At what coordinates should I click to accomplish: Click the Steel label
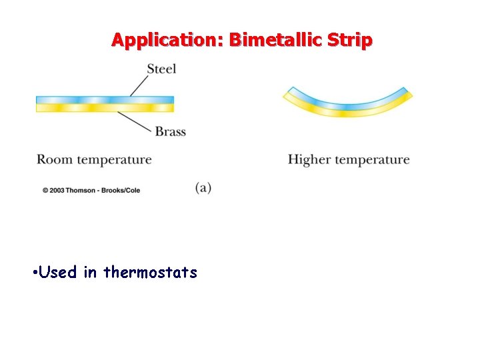[x=161, y=69]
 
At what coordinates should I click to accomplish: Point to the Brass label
[x=170, y=132]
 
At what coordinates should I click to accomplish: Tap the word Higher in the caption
[x=309, y=160]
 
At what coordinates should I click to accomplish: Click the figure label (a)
[x=203, y=187]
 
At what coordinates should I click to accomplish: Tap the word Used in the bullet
[x=58, y=272]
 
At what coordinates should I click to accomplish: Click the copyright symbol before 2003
[x=46, y=190]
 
